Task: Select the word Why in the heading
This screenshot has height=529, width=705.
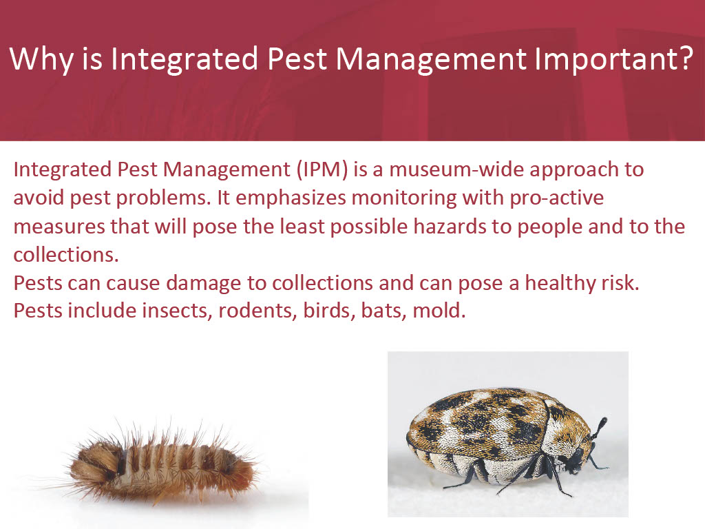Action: tap(41, 59)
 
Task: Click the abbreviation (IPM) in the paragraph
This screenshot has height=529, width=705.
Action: tap(322, 170)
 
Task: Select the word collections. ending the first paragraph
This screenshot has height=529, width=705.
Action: tap(66, 255)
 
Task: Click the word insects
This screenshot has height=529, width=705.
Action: tap(177, 311)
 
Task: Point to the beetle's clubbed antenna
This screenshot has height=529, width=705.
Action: tap(598, 429)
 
